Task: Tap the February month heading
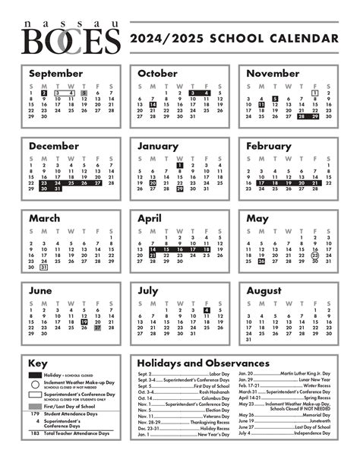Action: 270,146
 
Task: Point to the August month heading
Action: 264,290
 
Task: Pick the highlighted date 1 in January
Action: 180,164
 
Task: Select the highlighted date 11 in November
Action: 261,104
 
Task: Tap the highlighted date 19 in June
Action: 84,322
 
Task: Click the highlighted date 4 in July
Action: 207,310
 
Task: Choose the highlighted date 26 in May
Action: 261,261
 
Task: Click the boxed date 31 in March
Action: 44,267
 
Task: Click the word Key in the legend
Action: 38,363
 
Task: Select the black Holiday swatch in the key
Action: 34,375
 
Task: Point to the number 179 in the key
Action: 34,414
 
